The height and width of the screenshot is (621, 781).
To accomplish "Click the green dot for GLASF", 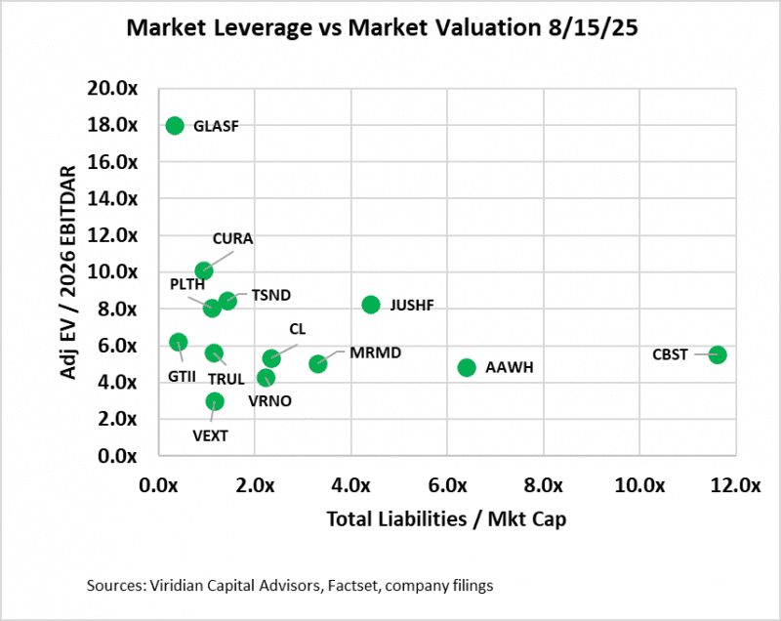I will (x=175, y=125).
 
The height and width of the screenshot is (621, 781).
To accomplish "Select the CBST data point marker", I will (x=718, y=354).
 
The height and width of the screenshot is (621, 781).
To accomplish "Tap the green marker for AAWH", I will (x=467, y=367).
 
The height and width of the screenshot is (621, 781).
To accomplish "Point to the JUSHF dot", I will (x=371, y=305).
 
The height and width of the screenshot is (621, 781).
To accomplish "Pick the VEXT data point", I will (x=215, y=401).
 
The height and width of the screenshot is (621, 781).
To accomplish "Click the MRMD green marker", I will (x=318, y=363).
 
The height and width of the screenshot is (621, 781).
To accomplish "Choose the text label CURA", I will (x=234, y=237).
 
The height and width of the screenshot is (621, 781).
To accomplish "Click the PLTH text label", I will (x=187, y=283).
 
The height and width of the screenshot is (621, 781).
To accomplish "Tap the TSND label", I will (x=271, y=294).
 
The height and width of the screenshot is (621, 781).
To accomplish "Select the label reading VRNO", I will (x=270, y=400).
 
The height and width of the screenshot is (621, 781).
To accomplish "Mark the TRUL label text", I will (x=227, y=378).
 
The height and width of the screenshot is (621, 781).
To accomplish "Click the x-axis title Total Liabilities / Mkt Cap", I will (x=447, y=518).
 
